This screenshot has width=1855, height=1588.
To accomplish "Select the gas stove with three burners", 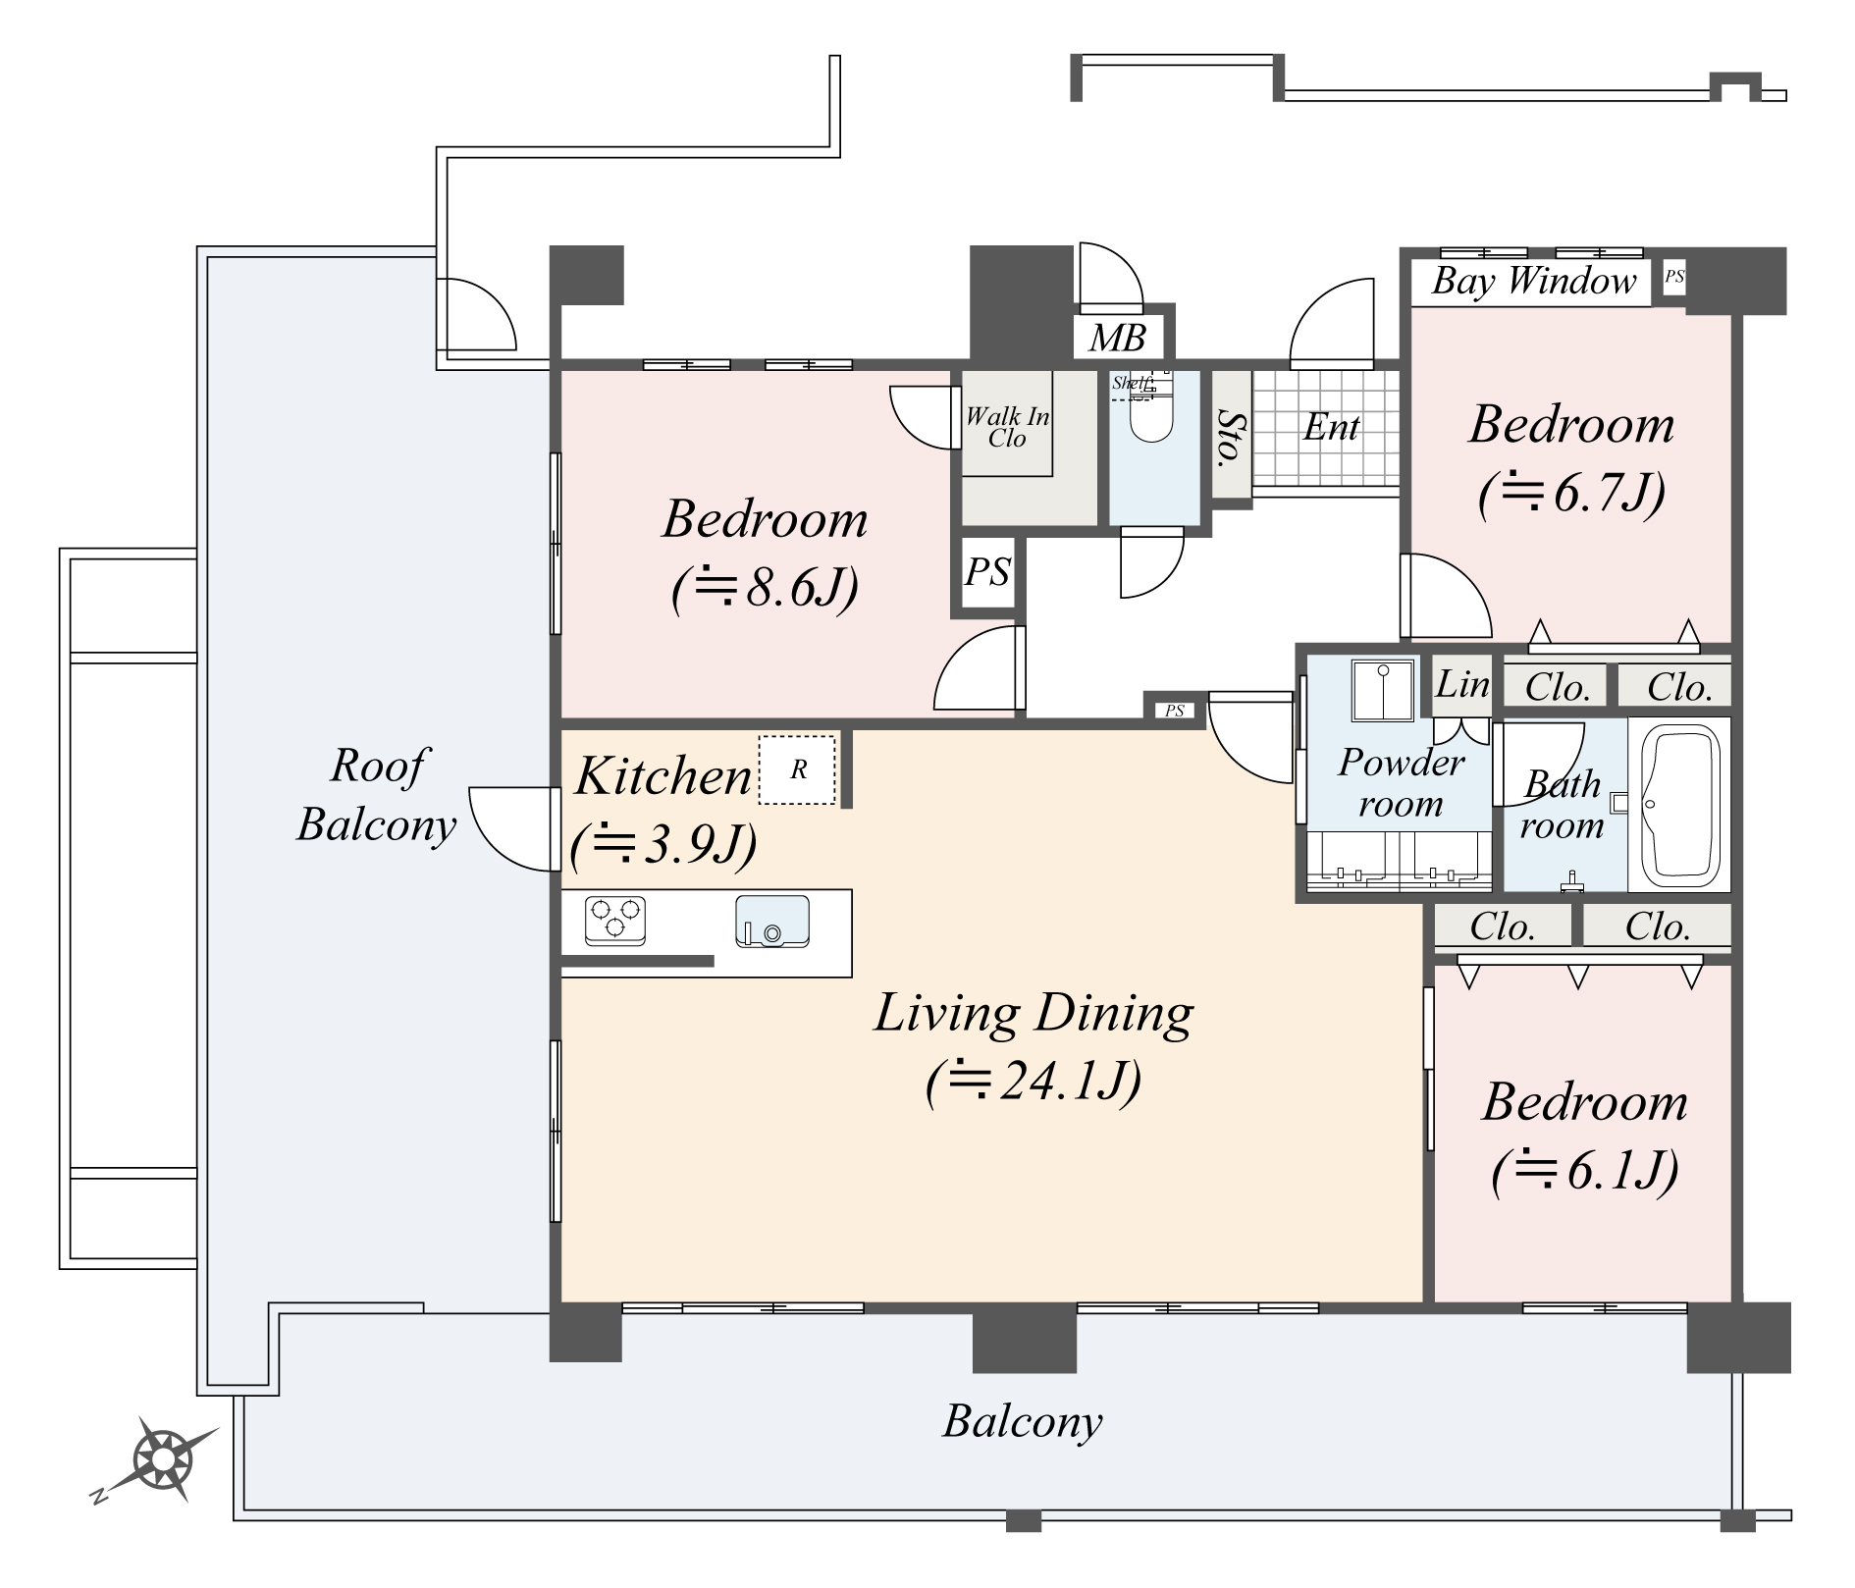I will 615,921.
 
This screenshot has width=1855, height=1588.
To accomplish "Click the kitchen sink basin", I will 772,922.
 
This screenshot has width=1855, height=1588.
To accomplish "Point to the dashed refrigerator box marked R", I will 797,770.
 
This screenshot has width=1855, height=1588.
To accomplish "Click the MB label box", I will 1118,339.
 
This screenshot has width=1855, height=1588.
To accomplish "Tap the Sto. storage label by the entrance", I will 1231,437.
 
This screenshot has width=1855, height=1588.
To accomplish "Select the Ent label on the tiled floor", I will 1331,428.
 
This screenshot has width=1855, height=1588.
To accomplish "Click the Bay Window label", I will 1533,282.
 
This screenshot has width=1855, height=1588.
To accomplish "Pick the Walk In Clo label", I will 1007,427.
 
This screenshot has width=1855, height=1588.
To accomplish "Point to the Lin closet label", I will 1462,684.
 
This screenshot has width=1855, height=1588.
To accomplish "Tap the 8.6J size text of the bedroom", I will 766,588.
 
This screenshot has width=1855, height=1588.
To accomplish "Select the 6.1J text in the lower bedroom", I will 1584,1170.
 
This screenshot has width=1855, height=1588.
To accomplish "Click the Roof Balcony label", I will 377,795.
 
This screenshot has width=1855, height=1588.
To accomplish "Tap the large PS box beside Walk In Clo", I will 987,572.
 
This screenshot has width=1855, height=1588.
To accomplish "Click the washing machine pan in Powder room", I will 1383,690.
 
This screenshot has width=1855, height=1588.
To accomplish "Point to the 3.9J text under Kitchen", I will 663,843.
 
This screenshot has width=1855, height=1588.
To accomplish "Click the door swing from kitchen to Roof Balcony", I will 510,827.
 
